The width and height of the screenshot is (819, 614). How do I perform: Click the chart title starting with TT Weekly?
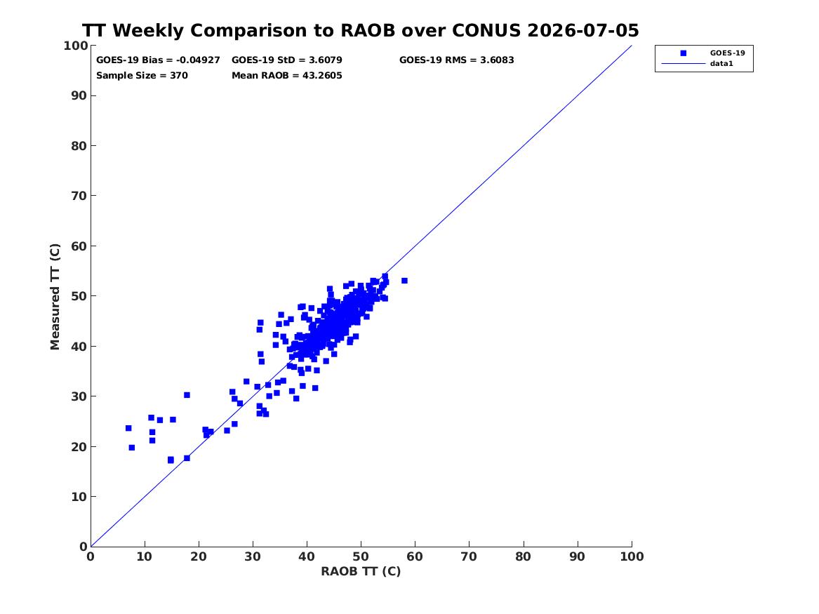[361, 30]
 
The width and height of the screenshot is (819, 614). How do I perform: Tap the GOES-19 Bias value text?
[158, 60]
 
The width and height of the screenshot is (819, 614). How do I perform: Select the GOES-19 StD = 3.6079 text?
[287, 60]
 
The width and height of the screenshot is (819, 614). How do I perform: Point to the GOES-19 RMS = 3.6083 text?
[456, 60]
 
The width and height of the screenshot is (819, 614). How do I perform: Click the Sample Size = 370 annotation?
[142, 76]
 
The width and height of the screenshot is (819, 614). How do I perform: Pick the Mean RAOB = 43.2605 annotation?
[287, 76]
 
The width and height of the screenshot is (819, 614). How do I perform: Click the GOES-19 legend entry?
[727, 53]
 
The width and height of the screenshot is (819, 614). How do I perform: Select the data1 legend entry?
[721, 63]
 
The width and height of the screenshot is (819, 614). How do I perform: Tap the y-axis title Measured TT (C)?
[55, 297]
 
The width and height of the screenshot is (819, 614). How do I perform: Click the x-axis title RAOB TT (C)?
[361, 571]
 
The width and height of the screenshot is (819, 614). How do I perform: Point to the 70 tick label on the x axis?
[469, 556]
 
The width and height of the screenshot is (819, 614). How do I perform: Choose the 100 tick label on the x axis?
[632, 556]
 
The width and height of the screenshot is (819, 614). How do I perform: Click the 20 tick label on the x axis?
[199, 556]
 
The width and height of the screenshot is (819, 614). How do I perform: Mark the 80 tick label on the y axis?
[79, 146]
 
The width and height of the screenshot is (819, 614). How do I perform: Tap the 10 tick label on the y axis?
[79, 497]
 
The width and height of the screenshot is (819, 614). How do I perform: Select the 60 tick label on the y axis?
[79, 246]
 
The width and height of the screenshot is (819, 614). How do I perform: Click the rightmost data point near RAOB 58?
[404, 281]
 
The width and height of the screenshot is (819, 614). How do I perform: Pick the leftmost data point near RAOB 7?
[128, 428]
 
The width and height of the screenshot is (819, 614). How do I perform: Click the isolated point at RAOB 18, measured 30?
[187, 395]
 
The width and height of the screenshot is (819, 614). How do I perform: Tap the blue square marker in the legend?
[683, 53]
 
